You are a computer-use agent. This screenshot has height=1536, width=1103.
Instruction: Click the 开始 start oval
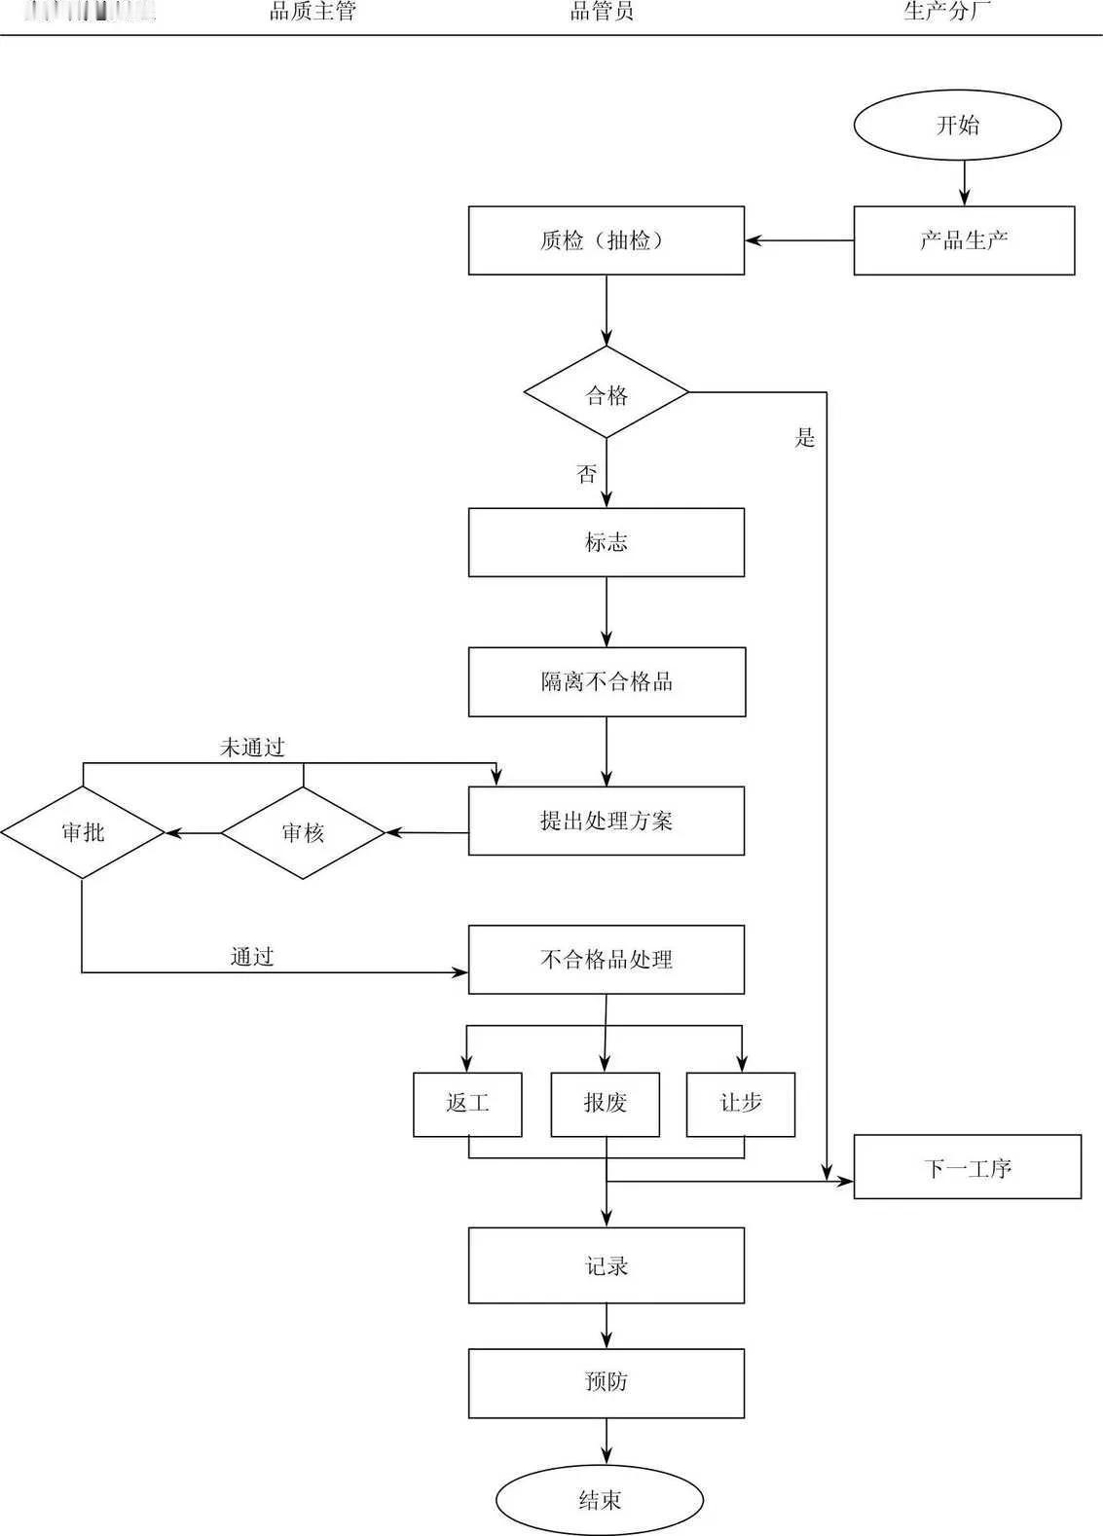pos(957,125)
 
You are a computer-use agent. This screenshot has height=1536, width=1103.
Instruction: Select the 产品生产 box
pos(964,240)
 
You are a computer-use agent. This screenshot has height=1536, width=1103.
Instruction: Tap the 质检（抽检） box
pos(606,240)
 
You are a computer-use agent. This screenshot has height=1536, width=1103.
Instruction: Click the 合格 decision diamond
pos(607,393)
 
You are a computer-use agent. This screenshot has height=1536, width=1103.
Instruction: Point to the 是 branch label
pos(805,438)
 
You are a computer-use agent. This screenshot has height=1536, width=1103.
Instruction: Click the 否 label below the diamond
pos(586,474)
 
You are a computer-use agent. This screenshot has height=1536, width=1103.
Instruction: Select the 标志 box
pos(606,542)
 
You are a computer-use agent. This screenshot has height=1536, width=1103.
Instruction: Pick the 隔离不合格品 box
pos(607,681)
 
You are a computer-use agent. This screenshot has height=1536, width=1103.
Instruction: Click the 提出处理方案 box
pos(606,821)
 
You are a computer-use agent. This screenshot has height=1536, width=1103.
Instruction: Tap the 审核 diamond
pos(303,832)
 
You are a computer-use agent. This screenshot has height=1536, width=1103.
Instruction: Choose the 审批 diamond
pos(83,832)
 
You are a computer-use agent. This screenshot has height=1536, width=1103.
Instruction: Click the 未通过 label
pos(252,748)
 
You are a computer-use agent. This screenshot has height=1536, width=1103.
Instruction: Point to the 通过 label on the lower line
pos(252,957)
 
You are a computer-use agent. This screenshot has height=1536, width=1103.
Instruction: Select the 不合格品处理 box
pos(606,960)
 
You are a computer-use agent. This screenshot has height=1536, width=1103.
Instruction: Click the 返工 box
pos(467,1104)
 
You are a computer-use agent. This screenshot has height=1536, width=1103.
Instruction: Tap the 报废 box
pos(605,1104)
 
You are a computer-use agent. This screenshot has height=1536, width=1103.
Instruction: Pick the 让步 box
pos(740,1104)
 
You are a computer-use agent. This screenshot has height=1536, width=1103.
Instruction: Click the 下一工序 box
pos(967,1167)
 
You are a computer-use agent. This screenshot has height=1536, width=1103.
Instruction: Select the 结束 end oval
pos(599,1500)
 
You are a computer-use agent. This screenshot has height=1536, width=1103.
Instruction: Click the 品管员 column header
pos(602,12)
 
